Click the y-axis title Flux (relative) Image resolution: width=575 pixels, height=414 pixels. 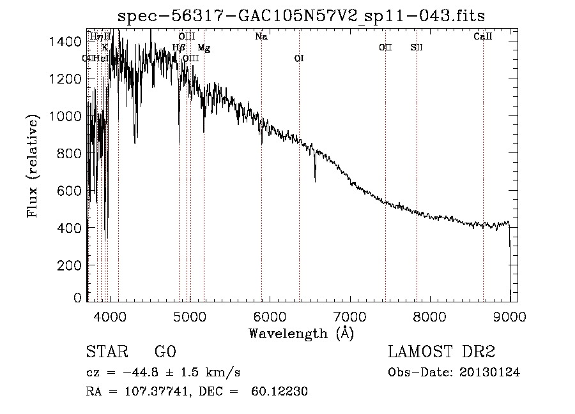pyautogui.click(x=33, y=166)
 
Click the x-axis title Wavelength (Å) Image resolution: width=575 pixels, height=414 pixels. pyautogui.click(x=301, y=334)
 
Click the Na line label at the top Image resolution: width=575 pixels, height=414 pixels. pyautogui.click(x=261, y=37)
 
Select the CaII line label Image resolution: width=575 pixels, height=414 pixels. pyautogui.click(x=483, y=37)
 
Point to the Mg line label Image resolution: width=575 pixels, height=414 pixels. pyautogui.click(x=204, y=48)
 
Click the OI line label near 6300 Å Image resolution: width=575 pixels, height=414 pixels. pyautogui.click(x=298, y=59)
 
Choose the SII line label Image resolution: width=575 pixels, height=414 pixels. pyautogui.click(x=417, y=48)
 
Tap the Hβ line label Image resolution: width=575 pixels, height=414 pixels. pyautogui.click(x=179, y=48)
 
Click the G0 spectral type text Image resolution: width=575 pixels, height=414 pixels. pyautogui.click(x=165, y=352)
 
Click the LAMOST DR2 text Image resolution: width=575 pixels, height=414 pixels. pyautogui.click(x=441, y=352)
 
